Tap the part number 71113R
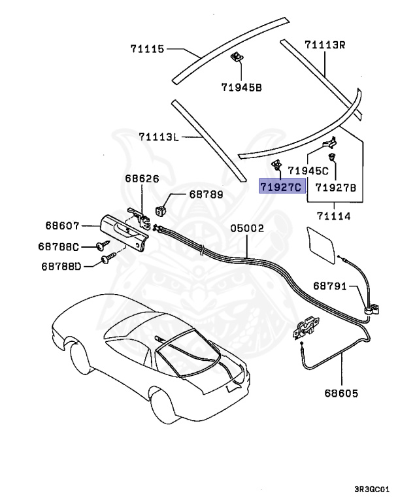tap(324, 45)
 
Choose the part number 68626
tap(141, 178)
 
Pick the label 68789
tap(206, 194)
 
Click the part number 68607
tap(63, 226)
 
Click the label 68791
tap(331, 286)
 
